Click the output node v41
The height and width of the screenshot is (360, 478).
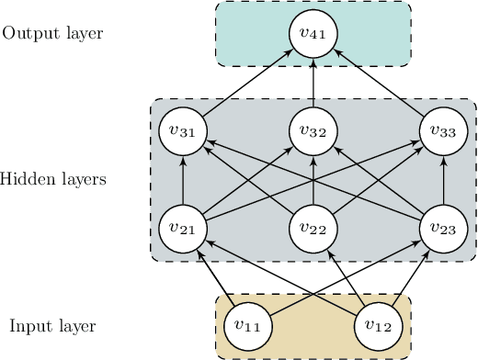[313, 34]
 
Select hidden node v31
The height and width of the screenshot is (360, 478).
[183, 130]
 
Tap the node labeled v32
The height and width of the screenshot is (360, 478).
[313, 130]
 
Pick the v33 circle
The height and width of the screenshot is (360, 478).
[444, 130]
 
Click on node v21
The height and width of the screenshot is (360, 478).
[183, 228]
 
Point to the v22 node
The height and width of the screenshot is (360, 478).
[313, 228]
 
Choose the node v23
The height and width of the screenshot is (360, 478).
[444, 228]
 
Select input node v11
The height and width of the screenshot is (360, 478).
[248, 325]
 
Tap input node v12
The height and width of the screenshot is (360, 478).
[379, 325]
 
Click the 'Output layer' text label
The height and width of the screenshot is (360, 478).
[52, 34]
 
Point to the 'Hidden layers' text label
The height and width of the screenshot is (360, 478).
[53, 179]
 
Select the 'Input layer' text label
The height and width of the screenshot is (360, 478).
[52, 326]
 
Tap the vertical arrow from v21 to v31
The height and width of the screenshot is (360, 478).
[183, 179]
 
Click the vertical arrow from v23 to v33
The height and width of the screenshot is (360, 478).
[444, 179]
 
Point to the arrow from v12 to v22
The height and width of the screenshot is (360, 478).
[347, 276]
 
